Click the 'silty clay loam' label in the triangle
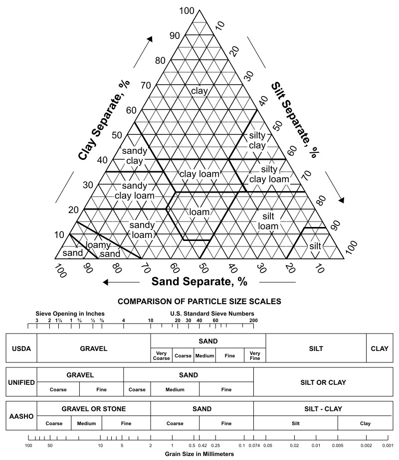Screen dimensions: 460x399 [269, 174]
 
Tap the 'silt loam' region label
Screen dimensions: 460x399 [268, 221]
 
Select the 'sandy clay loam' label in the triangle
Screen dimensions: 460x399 [135, 191]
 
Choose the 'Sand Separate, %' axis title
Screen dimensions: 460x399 [199, 281]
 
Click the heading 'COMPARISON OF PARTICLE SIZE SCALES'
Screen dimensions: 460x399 [199, 301]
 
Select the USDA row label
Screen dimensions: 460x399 [21, 348]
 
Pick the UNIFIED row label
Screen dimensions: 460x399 [21, 382]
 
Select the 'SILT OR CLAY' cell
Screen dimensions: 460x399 [323, 382]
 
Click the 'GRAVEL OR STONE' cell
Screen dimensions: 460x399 [93, 409]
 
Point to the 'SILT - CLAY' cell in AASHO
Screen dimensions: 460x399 [323, 409]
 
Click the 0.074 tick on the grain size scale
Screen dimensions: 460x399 [254, 445]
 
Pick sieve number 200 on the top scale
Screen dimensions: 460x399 [253, 320]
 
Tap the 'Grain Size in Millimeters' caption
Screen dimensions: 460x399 [199, 454]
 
